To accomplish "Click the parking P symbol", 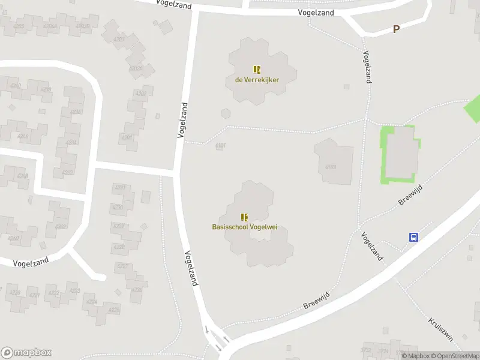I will [396, 29].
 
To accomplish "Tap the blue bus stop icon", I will [413, 237].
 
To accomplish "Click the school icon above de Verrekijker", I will [257, 70].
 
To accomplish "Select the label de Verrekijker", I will [257, 79].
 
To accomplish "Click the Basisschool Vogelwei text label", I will [244, 227].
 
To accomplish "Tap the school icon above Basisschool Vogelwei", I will [244, 217].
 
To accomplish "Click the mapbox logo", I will [26, 353].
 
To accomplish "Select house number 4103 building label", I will [330, 167].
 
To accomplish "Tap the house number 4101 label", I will [220, 145].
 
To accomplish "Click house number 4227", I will [122, 266].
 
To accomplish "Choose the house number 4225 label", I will [113, 310].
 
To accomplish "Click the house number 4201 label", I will [127, 137].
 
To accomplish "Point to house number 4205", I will [19, 26].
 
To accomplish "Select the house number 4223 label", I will [74, 291].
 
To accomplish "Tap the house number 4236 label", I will [76, 112].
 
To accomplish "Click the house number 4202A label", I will [136, 68].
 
